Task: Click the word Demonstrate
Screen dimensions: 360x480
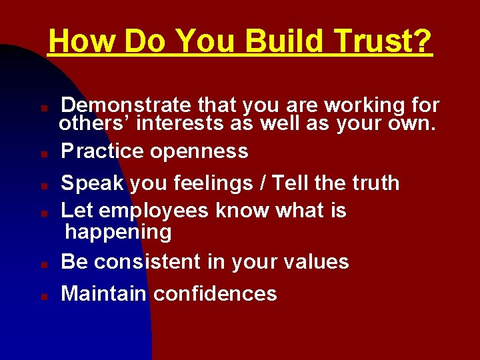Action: coord(126,105)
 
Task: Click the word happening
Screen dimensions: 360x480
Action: coord(118,232)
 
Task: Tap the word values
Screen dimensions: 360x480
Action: coord(317,262)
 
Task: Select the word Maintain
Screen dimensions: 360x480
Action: coord(103,293)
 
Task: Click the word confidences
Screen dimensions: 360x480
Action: coord(215,293)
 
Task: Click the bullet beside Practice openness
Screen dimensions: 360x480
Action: coord(42,153)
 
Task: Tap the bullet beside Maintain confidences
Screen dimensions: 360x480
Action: coord(42,295)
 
